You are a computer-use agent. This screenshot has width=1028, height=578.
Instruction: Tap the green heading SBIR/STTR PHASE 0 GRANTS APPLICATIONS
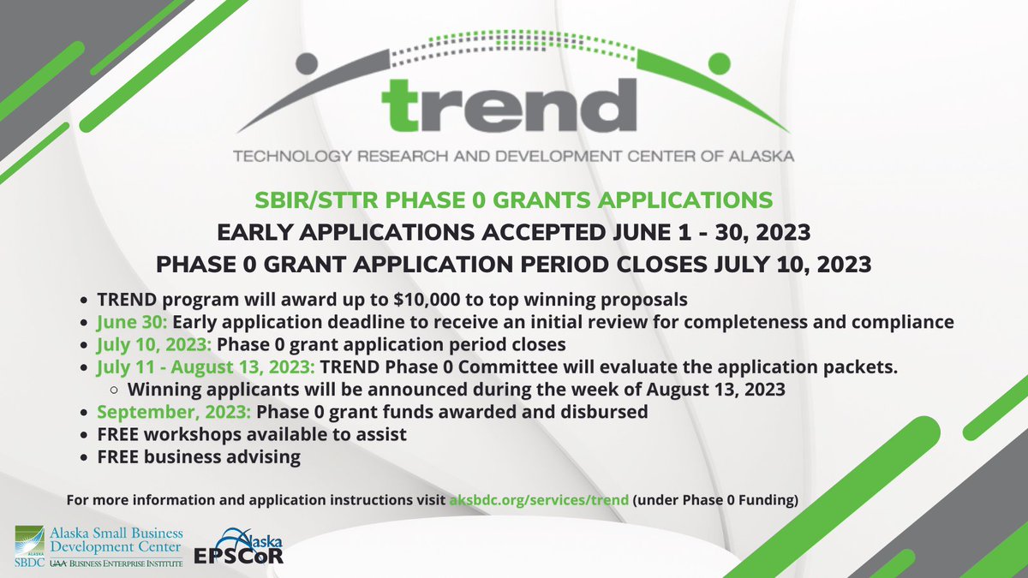coord(514,200)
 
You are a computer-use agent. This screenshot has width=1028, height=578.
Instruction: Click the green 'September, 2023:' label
coord(172,413)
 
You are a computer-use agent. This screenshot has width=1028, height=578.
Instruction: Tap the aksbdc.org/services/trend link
coord(540,499)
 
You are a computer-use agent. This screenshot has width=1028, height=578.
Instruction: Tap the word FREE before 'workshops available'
coord(119,435)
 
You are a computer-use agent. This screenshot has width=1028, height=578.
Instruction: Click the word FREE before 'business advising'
coord(119,457)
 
